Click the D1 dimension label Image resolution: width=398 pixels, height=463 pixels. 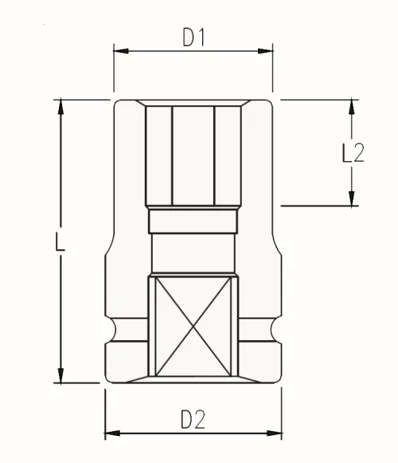(x=193, y=37)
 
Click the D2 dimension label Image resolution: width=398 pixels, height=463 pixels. (x=193, y=419)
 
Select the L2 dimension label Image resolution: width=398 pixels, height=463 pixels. (x=353, y=153)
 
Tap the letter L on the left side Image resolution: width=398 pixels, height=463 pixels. (x=60, y=241)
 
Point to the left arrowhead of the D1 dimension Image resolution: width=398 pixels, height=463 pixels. (x=121, y=51)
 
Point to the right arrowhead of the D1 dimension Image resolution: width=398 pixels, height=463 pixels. (x=266, y=51)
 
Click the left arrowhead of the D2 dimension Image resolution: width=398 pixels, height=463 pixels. (x=112, y=434)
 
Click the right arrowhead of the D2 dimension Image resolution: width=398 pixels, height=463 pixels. (x=274, y=434)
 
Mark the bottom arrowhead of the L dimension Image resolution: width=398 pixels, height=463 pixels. (x=60, y=375)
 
